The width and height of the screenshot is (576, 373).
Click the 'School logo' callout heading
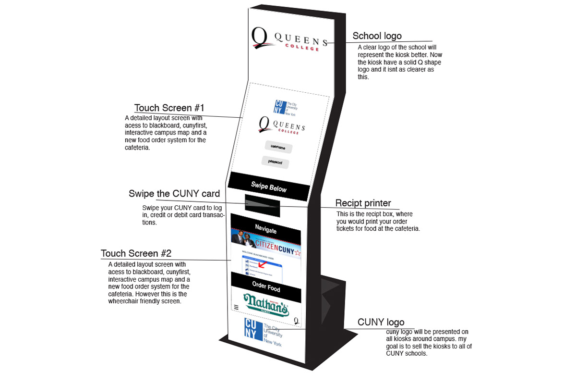click(377, 36)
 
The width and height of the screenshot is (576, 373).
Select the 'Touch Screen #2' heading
click(136, 253)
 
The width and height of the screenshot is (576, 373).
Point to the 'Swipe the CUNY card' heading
click(174, 194)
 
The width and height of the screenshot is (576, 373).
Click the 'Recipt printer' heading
click(363, 203)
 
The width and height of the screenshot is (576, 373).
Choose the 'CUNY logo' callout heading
click(381, 322)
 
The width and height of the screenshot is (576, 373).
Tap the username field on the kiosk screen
click(278, 147)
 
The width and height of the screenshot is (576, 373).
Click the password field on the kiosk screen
click(276, 162)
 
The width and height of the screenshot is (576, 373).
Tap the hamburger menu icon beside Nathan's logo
click(236, 307)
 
